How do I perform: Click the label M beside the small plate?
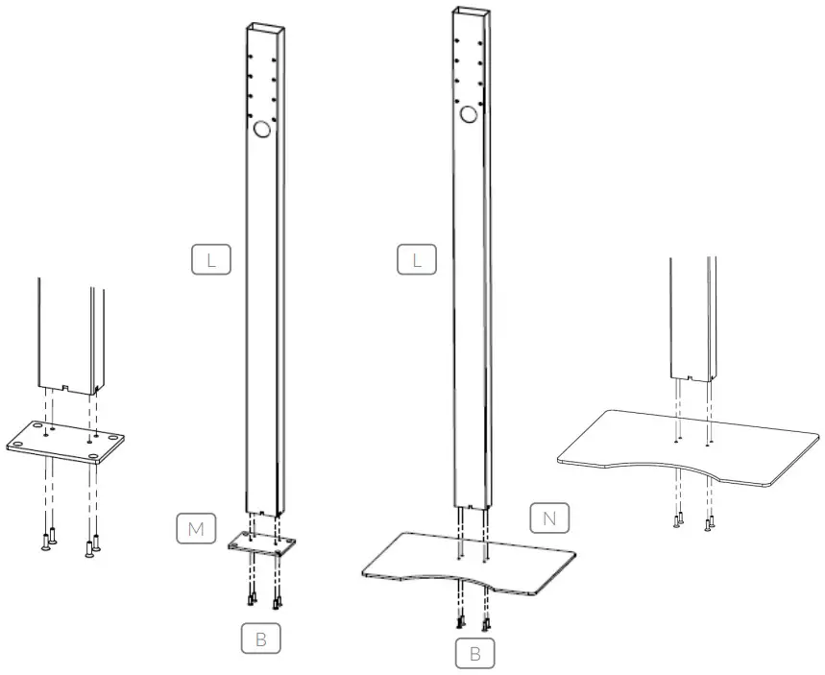195,527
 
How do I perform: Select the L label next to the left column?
210,259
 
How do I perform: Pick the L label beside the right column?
417,259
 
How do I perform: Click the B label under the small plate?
261,638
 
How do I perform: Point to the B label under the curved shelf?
474,655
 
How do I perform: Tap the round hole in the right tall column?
469,115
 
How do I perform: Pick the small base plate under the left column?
261,544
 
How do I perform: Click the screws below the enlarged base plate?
68,544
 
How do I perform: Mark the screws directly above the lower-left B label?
263,600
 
